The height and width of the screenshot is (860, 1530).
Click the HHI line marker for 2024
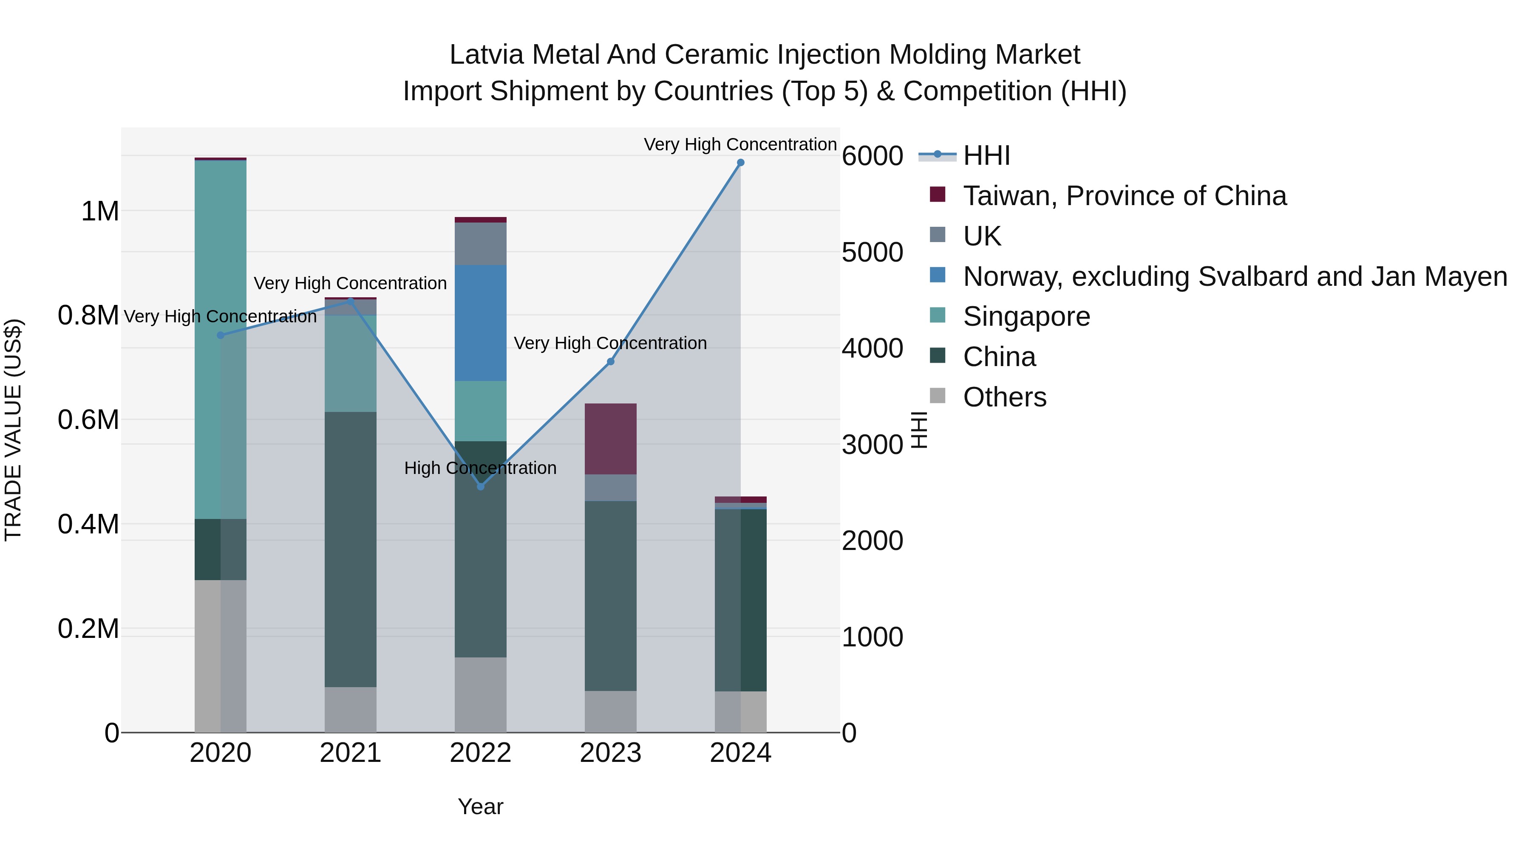pyautogui.click(x=740, y=163)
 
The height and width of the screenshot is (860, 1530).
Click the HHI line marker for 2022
pyautogui.click(x=481, y=487)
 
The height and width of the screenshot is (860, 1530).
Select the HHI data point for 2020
pyautogui.click(x=220, y=336)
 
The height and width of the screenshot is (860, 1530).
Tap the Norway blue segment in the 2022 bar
pyautogui.click(x=481, y=324)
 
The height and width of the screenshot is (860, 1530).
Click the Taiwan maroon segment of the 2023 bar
pyautogui.click(x=611, y=439)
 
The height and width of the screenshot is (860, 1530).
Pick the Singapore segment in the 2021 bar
pyautogui.click(x=351, y=363)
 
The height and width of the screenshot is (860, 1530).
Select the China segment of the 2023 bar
pyautogui.click(x=611, y=595)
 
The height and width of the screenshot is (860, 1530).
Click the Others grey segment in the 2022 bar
pyautogui.click(x=481, y=694)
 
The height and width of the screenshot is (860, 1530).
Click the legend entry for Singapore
pyautogui.click(x=1026, y=317)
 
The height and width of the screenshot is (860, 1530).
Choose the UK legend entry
pyautogui.click(x=981, y=236)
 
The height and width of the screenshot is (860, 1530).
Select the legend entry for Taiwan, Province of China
pyautogui.click(x=1124, y=196)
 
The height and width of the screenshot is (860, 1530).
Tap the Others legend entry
pyautogui.click(x=1004, y=397)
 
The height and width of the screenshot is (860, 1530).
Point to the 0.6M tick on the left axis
pyautogui.click(x=88, y=420)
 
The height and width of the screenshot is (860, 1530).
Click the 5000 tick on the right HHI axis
pyautogui.click(x=872, y=252)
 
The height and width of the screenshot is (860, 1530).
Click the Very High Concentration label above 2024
pyautogui.click(x=740, y=145)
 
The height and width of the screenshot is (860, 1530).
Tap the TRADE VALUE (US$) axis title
pyautogui.click(x=13, y=430)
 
